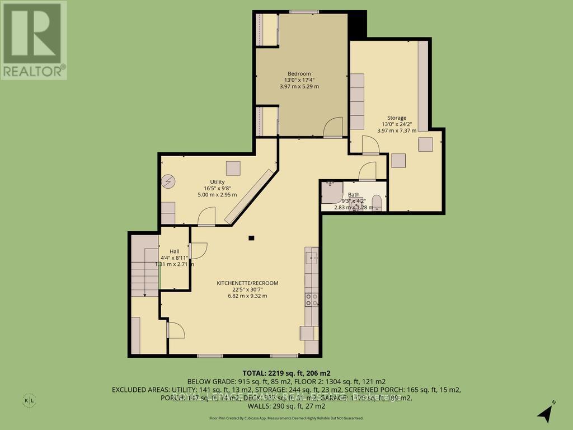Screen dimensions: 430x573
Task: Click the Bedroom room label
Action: point(299,73)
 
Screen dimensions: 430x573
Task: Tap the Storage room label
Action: point(397,118)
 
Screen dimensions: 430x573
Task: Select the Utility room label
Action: point(217,181)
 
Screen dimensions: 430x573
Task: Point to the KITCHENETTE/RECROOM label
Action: point(247,283)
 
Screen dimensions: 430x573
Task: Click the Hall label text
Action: point(174,251)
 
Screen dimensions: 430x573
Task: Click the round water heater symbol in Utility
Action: point(168,181)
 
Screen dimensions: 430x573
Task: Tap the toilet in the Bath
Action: point(377,201)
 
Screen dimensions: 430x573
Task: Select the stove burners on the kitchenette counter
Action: point(311,300)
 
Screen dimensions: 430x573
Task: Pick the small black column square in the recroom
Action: point(252,238)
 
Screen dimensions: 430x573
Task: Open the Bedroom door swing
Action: point(334,127)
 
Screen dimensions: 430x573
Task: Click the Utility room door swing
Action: point(207,216)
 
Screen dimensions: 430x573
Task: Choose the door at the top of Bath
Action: point(368,171)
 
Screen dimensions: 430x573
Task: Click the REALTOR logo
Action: point(34,40)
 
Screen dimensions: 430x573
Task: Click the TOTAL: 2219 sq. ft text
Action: point(286,372)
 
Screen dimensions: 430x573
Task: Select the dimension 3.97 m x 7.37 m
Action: point(397,130)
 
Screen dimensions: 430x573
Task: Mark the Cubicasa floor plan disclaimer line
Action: point(286,418)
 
